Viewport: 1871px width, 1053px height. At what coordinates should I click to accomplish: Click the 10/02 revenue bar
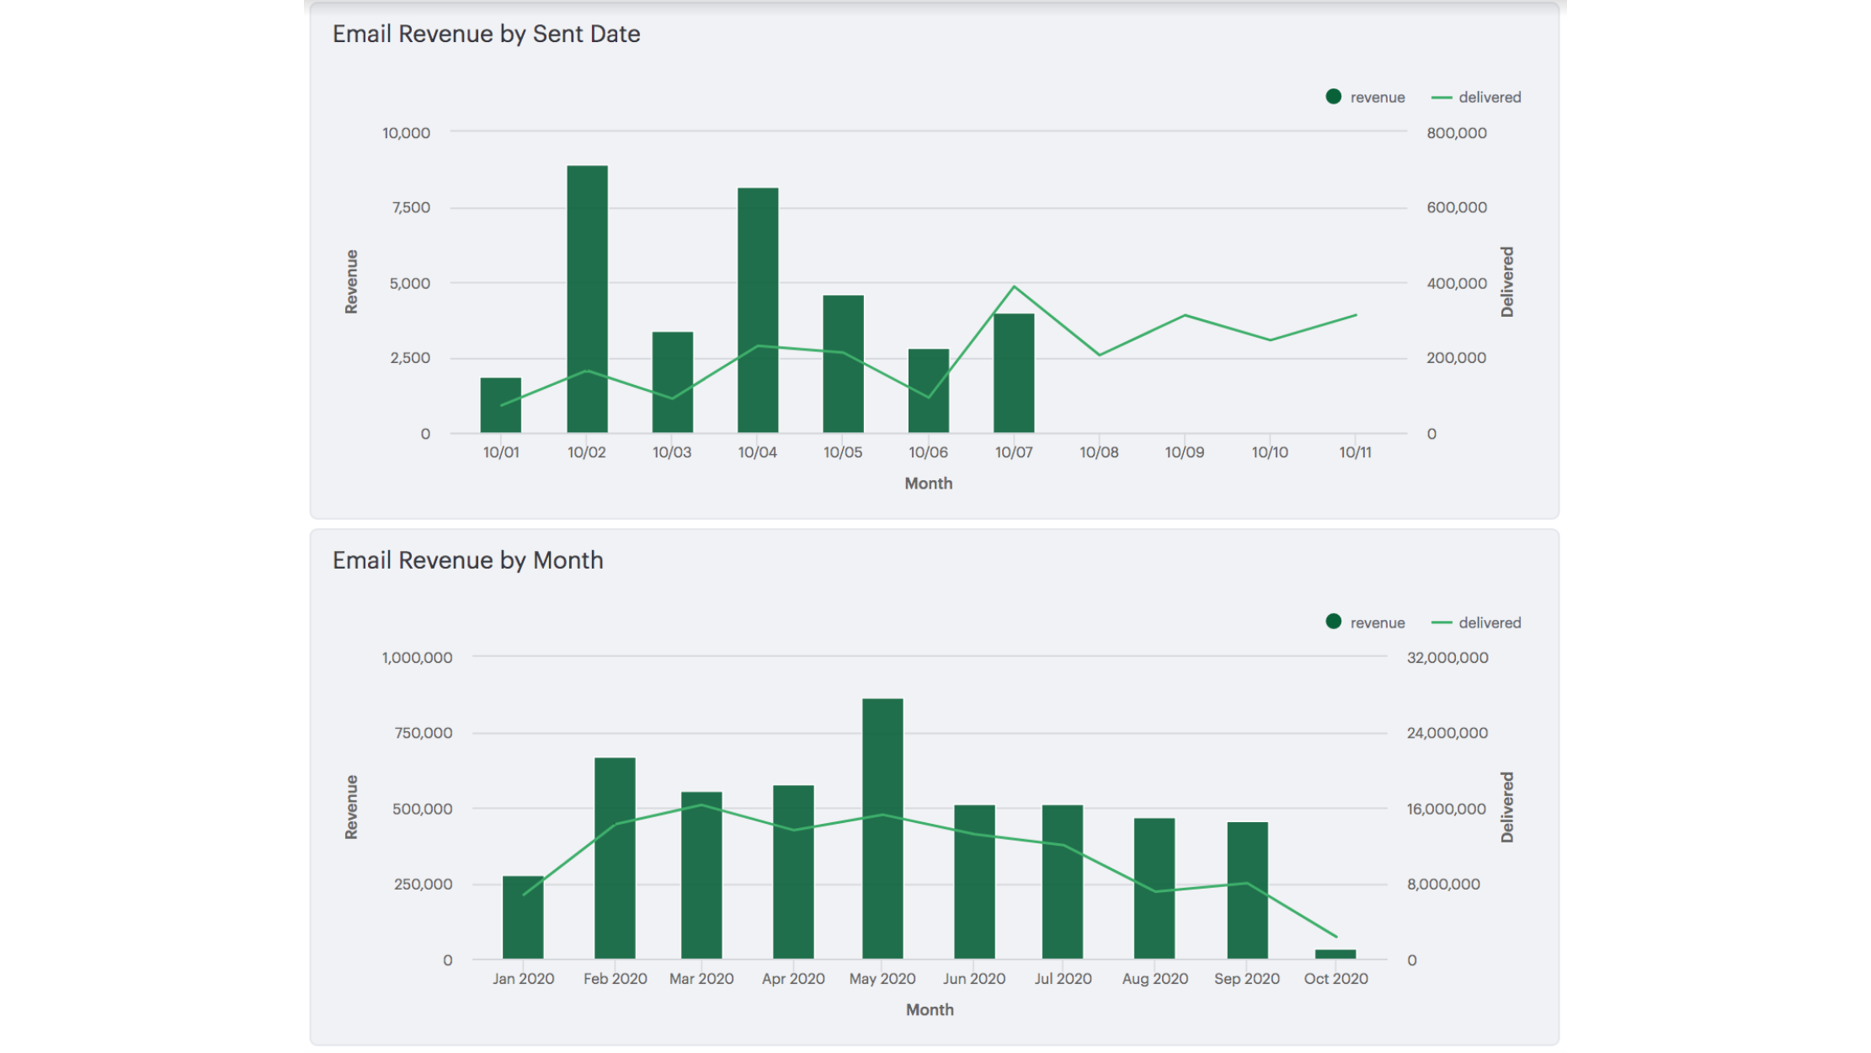[587, 299]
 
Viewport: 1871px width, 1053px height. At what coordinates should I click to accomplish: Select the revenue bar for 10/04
[758, 310]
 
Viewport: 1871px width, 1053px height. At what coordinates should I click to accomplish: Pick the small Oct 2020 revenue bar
[1335, 954]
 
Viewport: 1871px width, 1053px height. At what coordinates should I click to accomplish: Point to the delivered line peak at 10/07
[1014, 287]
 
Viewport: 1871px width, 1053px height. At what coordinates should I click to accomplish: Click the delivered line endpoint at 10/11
[1356, 315]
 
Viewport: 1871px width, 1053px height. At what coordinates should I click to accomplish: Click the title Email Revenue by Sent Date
[486, 34]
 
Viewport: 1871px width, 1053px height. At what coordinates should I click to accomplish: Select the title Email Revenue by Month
[467, 560]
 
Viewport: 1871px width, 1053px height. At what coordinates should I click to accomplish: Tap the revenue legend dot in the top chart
[1334, 97]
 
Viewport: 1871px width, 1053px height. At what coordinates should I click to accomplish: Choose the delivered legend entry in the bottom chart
[1477, 623]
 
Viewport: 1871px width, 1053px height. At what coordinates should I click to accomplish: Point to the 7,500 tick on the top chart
[410, 207]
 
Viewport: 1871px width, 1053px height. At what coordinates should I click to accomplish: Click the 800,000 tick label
[1456, 133]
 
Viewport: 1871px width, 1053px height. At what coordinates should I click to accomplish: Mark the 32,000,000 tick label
[1447, 657]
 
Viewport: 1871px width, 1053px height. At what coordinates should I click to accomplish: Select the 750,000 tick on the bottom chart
[423, 733]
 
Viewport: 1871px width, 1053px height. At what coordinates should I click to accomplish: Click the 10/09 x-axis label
[1184, 452]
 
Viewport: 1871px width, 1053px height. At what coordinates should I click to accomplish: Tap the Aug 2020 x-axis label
[1154, 979]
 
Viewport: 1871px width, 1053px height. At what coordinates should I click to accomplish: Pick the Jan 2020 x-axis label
[523, 979]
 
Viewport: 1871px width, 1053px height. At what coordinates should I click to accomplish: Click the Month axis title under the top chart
[928, 484]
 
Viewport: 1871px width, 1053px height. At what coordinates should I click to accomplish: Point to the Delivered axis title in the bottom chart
[1506, 807]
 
